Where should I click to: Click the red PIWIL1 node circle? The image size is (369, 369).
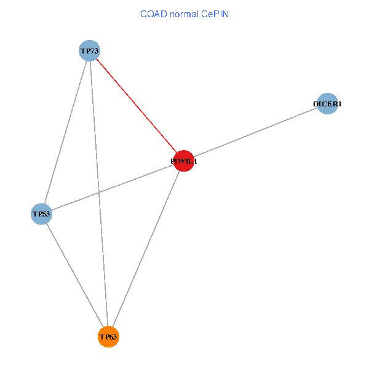point(184,161)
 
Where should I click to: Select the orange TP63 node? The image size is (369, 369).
point(108,336)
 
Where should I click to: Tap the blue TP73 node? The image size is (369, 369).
point(89,50)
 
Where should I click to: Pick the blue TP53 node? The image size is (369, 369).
point(41,214)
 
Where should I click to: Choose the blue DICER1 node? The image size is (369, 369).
point(328,103)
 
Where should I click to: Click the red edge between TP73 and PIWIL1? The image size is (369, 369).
point(137,105)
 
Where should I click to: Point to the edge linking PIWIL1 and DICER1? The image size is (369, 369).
point(256,132)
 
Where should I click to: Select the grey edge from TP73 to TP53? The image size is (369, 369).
point(65,132)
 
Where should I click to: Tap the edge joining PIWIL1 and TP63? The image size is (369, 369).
point(146,248)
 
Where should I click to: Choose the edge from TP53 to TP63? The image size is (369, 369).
point(74,275)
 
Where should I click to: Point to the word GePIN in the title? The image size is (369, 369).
point(214,14)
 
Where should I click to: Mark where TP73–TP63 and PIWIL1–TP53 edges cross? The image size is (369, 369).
point(98,192)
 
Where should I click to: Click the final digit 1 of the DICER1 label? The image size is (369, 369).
point(338,104)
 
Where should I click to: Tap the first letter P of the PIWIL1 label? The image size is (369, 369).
point(173,161)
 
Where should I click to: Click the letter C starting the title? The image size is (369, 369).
point(143,14)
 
